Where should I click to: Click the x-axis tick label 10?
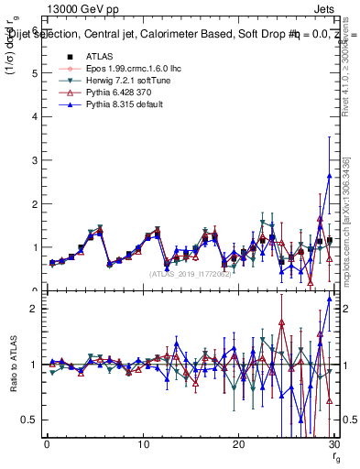pos(143,443)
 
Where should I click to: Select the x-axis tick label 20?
pos(238,443)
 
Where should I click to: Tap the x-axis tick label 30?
pos(334,443)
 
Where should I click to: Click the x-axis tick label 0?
pos(47,443)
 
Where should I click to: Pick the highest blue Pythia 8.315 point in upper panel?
pos(329,176)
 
